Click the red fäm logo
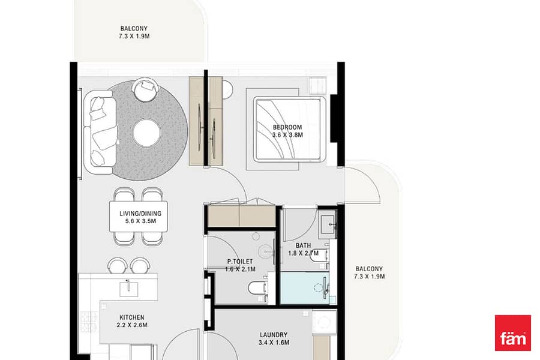tap(513, 333)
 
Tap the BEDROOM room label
tap(287, 127)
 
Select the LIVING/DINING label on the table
tap(140, 214)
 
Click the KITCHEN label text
tap(132, 317)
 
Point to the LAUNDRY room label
tap(274, 335)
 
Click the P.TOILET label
tap(239, 262)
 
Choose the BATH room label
tap(303, 245)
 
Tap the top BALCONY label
tap(134, 28)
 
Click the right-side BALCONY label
tap(369, 269)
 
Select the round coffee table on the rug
tap(146, 133)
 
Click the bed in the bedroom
tap(289, 129)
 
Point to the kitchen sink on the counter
tap(128, 289)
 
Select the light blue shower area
tap(305, 288)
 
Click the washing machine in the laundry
tap(324, 322)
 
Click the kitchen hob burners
tap(89, 322)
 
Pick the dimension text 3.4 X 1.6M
tap(274, 343)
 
